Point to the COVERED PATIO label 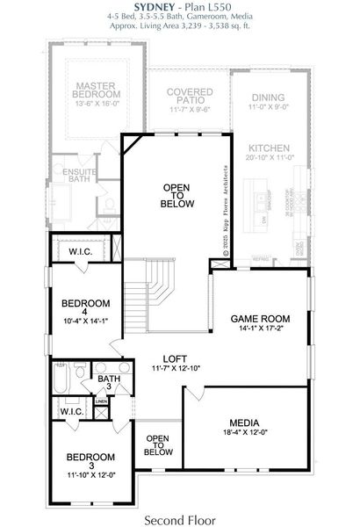tap(184, 95)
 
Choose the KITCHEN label tap(267, 148)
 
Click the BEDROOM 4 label tap(86, 307)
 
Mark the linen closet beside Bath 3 tap(102, 402)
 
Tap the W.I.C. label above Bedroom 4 tap(81, 252)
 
